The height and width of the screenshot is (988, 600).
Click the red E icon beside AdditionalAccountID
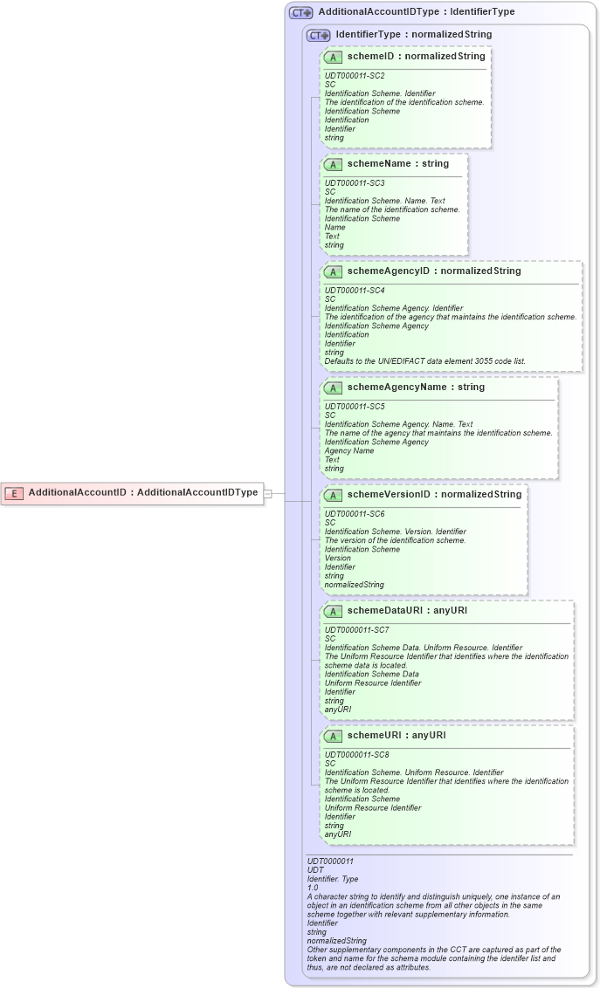click(14, 493)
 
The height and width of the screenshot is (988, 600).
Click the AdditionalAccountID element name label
click(143, 492)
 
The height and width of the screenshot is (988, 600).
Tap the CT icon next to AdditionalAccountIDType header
click(301, 12)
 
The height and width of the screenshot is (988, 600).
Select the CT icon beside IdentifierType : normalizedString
click(319, 35)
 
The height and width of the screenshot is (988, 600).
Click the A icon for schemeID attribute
click(333, 57)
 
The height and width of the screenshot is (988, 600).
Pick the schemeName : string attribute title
click(397, 163)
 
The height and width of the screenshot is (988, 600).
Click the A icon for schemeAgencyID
click(333, 271)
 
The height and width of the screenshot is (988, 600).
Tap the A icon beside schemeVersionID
click(333, 495)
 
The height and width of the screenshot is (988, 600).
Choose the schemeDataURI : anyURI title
click(407, 610)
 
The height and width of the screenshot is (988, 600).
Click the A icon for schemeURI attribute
click(333, 736)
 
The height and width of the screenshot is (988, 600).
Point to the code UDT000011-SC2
click(355, 76)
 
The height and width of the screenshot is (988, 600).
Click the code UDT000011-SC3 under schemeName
click(355, 183)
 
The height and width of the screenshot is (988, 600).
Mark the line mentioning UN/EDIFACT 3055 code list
click(424, 361)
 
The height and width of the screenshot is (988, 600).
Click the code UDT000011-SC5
click(355, 407)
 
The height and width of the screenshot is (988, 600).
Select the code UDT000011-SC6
click(355, 514)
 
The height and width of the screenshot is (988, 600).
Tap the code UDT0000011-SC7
click(356, 630)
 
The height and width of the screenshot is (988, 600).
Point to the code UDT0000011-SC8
click(356, 755)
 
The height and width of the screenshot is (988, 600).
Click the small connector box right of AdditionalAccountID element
click(268, 493)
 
